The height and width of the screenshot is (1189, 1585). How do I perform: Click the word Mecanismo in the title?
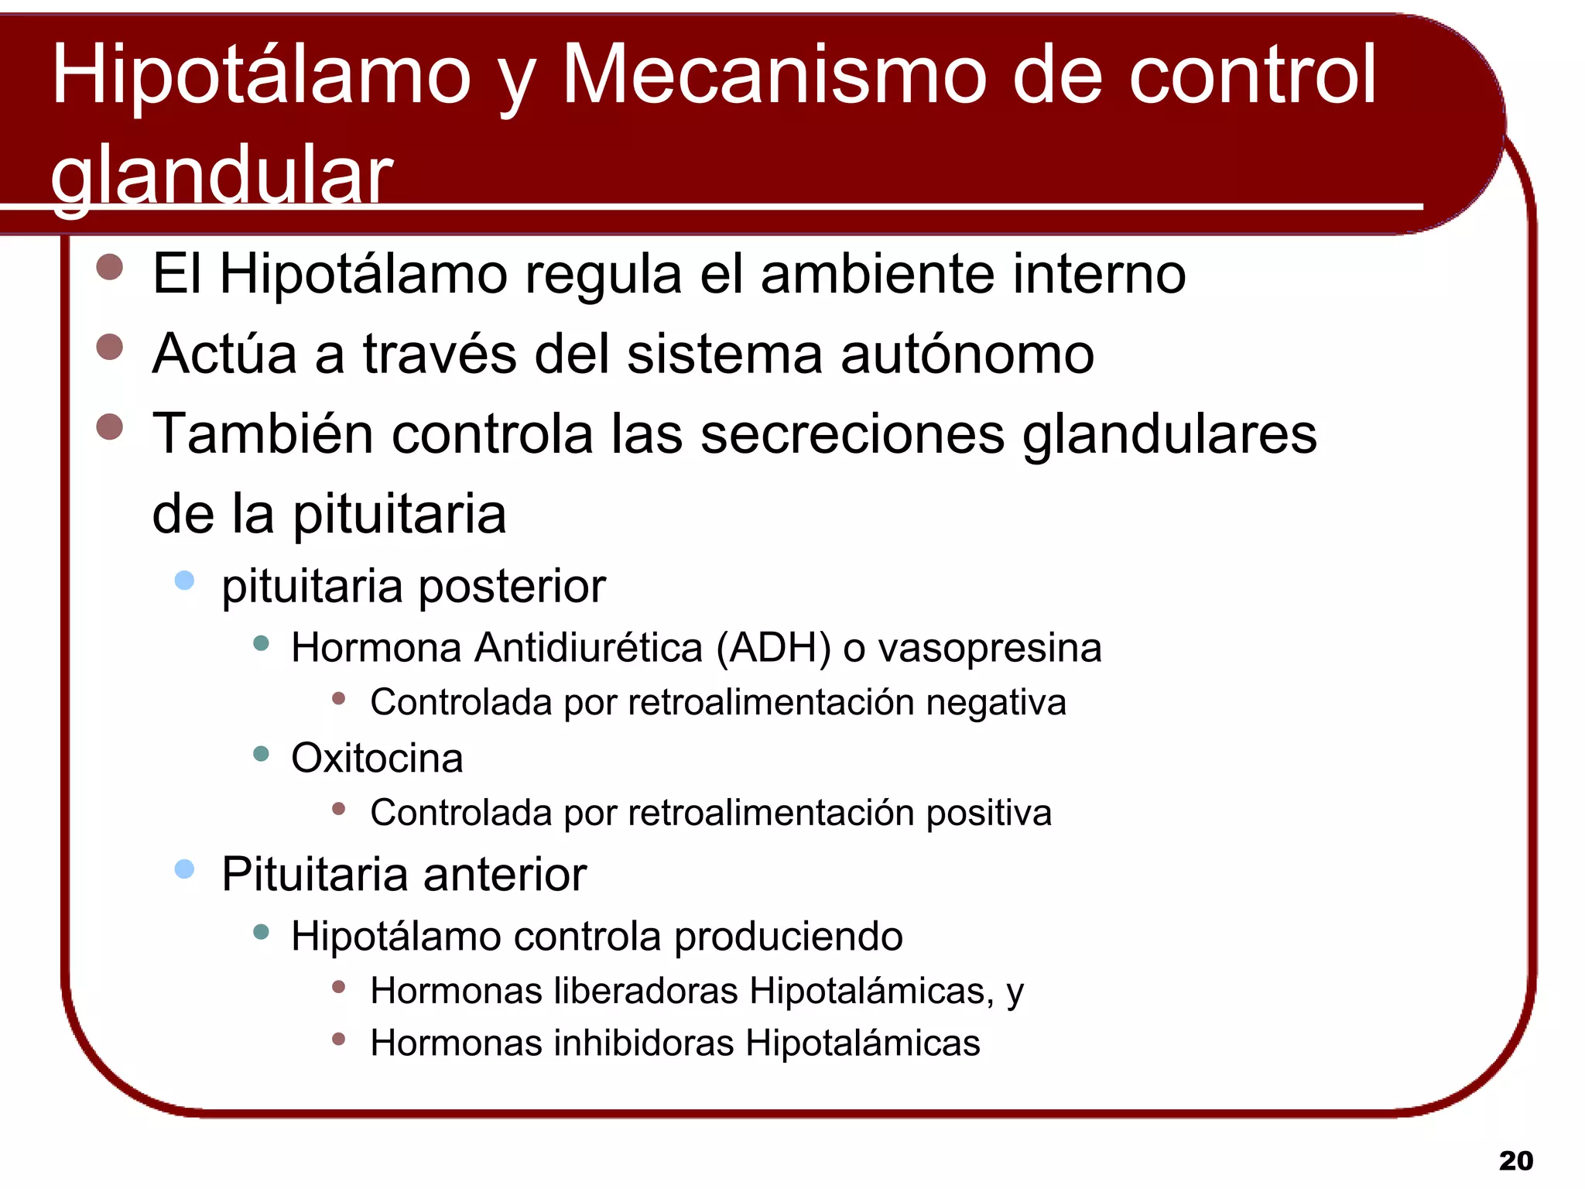click(774, 76)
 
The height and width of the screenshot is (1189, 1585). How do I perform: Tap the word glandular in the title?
click(222, 176)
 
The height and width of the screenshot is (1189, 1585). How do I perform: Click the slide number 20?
click(1515, 1160)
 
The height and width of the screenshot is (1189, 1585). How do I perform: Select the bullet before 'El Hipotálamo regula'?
click(110, 267)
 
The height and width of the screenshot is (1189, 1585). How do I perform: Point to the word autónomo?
click(967, 355)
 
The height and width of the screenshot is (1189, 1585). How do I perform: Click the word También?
click(263, 433)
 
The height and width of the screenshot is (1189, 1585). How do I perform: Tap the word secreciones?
click(852, 433)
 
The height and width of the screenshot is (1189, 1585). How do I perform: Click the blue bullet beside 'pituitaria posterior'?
click(184, 581)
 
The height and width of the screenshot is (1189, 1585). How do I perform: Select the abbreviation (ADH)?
click(774, 648)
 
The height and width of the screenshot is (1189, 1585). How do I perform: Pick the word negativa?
click(996, 703)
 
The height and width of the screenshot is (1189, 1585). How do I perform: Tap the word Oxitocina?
click(377, 758)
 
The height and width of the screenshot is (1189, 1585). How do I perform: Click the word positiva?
click(989, 814)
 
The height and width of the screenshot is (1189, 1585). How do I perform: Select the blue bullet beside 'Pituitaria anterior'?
click(184, 869)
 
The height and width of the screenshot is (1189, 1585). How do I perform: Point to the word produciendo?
click(789, 937)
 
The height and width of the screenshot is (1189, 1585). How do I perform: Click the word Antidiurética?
click(588, 648)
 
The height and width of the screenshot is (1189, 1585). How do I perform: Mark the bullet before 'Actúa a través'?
click(110, 348)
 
